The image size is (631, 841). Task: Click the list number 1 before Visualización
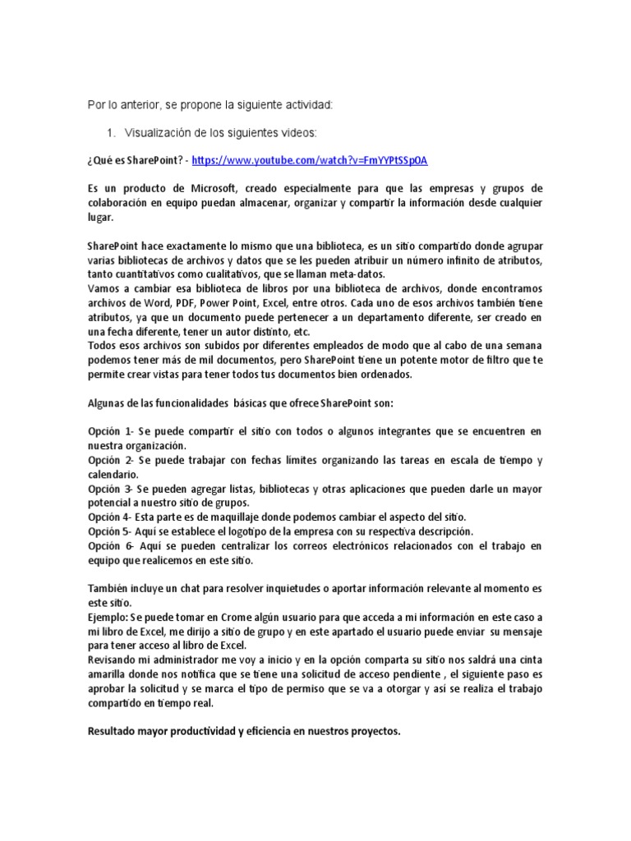point(111,132)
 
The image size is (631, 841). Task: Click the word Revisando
point(115,660)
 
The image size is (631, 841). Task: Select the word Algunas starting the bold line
point(108,403)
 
